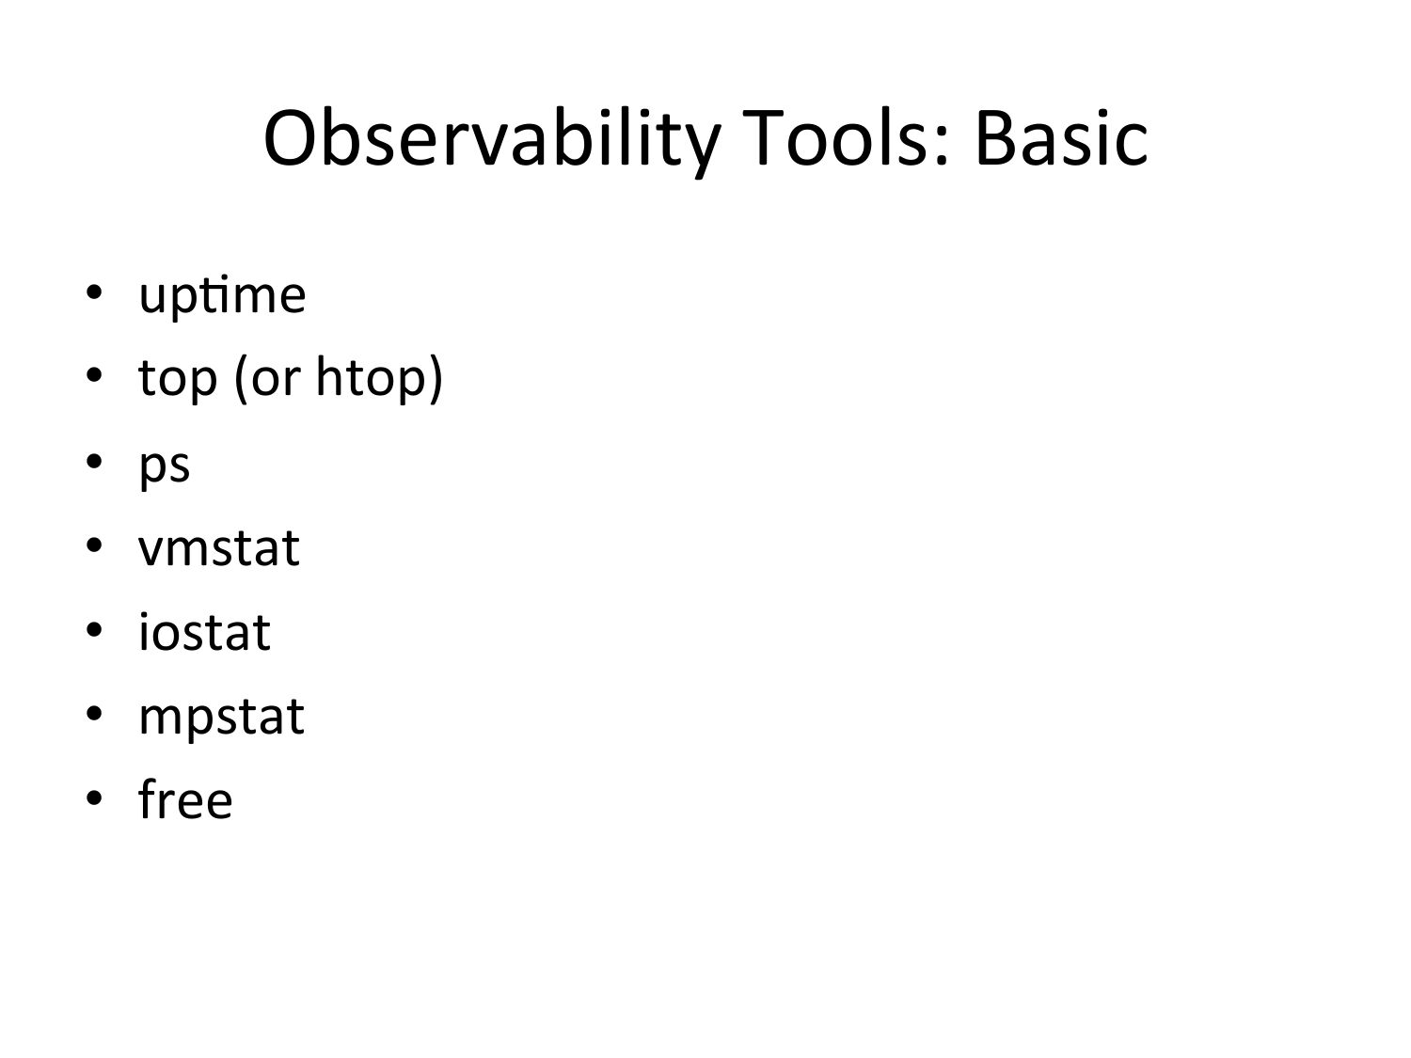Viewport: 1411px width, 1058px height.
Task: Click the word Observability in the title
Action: point(492,139)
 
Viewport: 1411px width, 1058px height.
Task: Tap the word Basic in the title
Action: point(1061,137)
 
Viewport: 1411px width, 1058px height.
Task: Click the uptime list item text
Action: point(222,296)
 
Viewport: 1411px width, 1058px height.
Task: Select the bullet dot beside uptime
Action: point(94,292)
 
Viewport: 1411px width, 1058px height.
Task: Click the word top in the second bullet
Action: point(178,380)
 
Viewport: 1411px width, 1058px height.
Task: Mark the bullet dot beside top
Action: point(94,375)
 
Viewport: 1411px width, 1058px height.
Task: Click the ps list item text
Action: point(165,467)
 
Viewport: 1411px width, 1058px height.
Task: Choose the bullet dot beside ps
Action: point(94,461)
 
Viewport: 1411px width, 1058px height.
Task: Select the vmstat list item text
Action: point(218,548)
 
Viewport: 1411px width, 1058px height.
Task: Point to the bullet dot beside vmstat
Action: point(94,545)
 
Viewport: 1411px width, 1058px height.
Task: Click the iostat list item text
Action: point(204,632)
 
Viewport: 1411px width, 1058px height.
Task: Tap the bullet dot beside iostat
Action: point(94,629)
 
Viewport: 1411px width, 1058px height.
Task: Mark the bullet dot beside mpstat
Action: point(94,714)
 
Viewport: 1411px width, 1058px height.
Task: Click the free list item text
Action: point(185,798)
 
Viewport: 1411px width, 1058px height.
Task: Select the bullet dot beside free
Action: point(94,797)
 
